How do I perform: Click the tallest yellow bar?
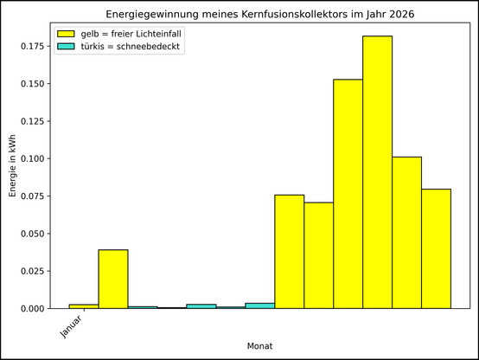pos(377,172)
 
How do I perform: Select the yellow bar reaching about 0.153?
pos(348,194)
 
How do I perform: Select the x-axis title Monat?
pos(259,346)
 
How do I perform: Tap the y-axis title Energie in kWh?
pos(13,169)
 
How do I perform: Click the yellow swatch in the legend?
pos(67,33)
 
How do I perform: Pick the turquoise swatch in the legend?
pos(67,46)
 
